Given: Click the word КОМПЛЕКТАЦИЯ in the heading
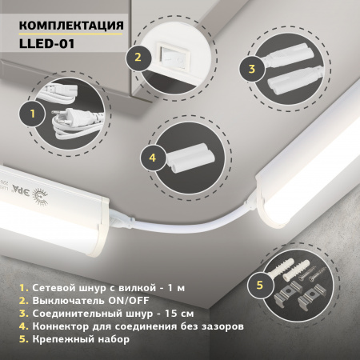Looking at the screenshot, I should (70, 26).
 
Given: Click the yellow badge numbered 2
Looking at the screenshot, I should (138, 58).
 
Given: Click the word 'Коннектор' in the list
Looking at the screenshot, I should (53, 326).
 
